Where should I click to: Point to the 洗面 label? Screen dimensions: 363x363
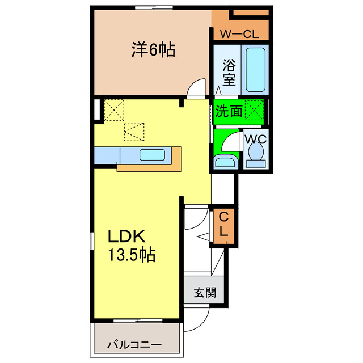229,111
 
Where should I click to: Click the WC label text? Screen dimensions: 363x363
255,137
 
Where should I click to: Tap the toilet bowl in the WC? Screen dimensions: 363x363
255,154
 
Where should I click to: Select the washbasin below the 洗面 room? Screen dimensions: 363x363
226,162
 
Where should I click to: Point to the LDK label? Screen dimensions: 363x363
128,236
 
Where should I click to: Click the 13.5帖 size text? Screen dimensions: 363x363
132,254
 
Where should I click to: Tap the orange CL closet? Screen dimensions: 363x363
224,225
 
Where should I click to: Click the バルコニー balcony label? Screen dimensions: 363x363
135,344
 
